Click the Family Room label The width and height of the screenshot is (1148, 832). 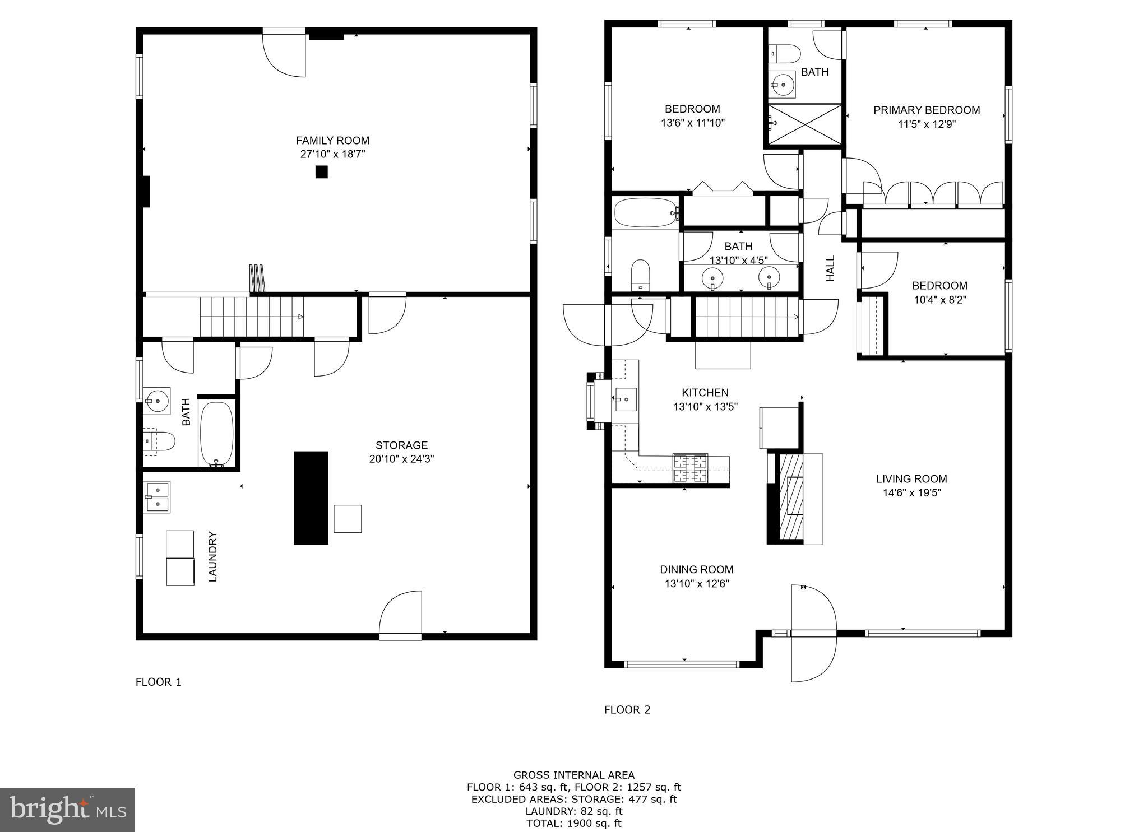[x=332, y=141]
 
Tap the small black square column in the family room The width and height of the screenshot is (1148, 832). [x=321, y=172]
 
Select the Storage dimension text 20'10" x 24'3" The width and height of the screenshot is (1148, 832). [x=401, y=459]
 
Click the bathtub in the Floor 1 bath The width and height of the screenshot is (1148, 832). [x=216, y=434]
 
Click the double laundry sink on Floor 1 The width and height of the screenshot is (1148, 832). [x=157, y=497]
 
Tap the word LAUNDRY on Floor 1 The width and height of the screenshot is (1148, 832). [x=212, y=556]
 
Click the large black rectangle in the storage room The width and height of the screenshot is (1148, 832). [x=311, y=498]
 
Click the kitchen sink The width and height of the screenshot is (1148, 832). [x=626, y=399]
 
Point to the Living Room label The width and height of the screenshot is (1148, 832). [x=911, y=479]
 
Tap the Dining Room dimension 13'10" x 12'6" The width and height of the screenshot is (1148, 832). [x=697, y=584]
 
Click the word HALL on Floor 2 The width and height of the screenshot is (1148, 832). [x=831, y=268]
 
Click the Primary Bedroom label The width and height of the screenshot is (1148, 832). [x=927, y=110]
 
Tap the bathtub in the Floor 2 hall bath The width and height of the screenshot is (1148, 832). [x=646, y=212]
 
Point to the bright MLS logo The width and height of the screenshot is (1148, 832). [x=67, y=810]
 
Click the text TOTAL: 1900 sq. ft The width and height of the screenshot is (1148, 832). [x=573, y=823]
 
